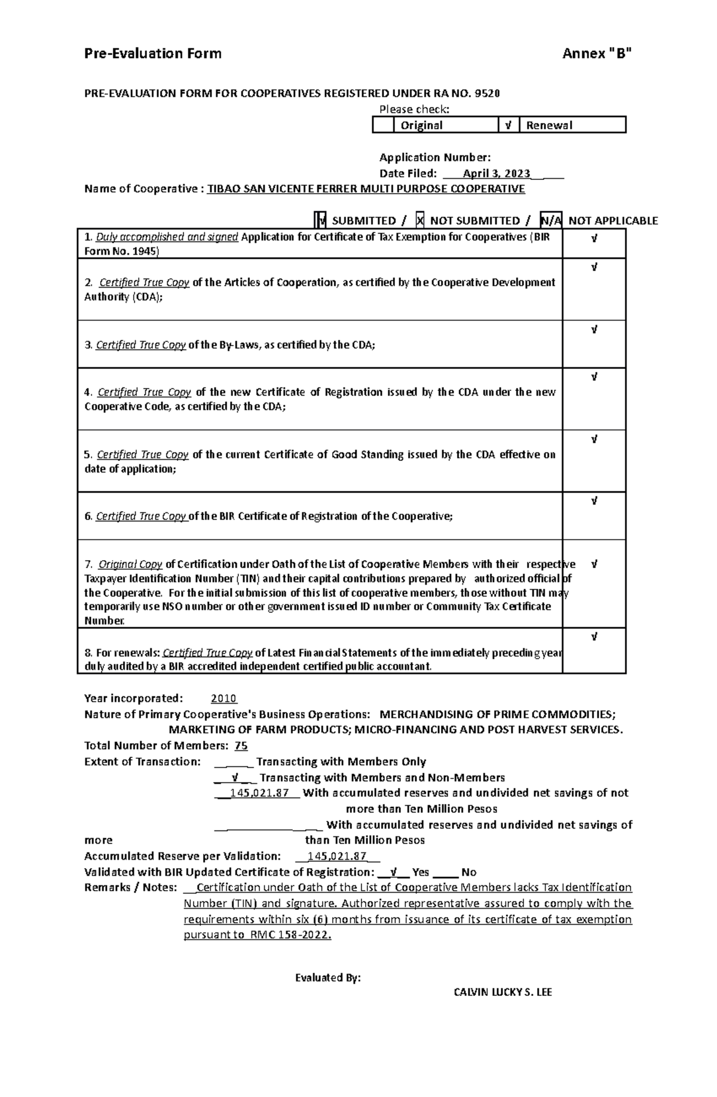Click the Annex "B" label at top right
coord(596,54)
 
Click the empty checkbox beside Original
coord(383,125)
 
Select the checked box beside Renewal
coord(508,125)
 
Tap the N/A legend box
coord(550,221)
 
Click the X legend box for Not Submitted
coord(420,221)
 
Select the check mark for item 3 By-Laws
coord(593,329)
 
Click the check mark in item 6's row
coord(593,501)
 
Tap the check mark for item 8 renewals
coord(593,637)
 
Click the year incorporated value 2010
coord(223,698)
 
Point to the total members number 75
coord(241,745)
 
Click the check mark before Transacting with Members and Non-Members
coord(235,778)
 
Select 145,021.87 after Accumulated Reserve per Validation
coord(336,856)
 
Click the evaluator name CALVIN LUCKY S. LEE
coord(502,992)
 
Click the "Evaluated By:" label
coord(328,978)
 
